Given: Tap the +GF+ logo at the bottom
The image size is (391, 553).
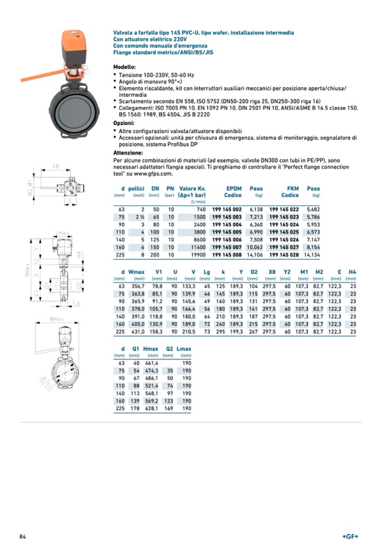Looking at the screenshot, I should pos(350,537).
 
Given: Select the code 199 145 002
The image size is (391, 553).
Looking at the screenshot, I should pos(227,209).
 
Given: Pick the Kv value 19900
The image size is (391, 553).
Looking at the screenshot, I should pos(197,254).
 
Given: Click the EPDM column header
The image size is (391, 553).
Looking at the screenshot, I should pos(233,189).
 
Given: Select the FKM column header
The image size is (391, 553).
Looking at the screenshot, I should pos(293,189).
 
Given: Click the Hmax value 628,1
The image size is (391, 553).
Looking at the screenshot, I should pos(151,409).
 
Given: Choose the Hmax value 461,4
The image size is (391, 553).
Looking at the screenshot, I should pos(151,364).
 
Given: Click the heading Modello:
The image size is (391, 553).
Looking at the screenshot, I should pos(125,67).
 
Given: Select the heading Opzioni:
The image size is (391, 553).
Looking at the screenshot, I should pos(124,123).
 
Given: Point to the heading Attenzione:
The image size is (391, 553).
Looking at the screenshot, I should pos(128,153).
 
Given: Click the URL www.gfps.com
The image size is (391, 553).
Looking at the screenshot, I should pos(154,174).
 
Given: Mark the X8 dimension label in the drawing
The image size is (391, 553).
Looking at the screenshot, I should pos(55,167).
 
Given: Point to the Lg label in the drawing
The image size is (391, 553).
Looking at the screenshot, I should pos(76,302).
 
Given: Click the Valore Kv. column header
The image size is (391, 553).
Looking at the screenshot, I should pos(193,189).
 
